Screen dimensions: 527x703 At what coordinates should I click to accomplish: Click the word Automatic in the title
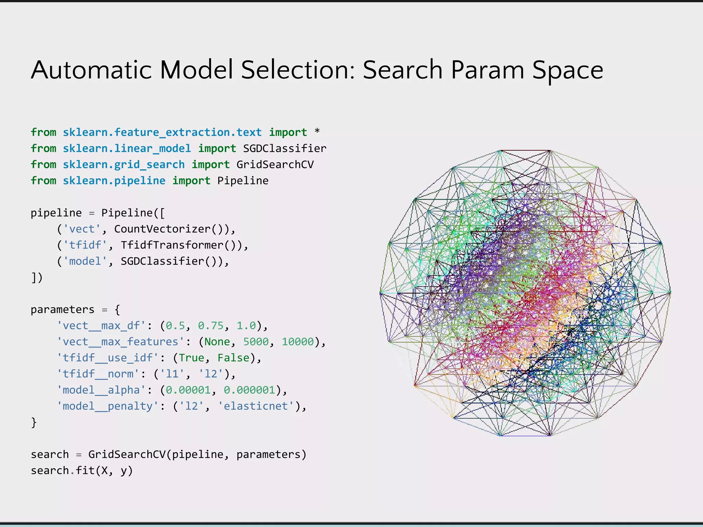coord(91,70)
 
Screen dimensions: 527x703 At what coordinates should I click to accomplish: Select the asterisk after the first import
coord(317,131)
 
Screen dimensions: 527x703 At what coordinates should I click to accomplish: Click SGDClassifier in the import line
coord(285,148)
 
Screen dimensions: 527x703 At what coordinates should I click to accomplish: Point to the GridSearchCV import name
coord(275,164)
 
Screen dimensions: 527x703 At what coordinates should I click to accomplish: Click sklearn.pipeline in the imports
coord(114,180)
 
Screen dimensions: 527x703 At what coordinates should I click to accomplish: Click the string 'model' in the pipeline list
coord(85,261)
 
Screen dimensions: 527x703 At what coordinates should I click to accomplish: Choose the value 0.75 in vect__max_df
coord(211,326)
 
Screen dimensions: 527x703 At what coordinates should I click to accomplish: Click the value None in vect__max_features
coord(217,342)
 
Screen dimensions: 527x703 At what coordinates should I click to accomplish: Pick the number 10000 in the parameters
coord(298,342)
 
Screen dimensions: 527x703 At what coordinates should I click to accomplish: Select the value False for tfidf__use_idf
coord(233,358)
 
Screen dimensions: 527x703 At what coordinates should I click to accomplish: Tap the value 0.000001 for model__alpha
coord(250,390)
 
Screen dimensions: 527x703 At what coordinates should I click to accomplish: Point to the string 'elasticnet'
coord(256,406)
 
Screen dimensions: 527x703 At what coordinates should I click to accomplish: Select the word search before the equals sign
coord(50,455)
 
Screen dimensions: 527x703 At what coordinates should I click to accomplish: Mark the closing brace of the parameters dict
coord(34,422)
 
